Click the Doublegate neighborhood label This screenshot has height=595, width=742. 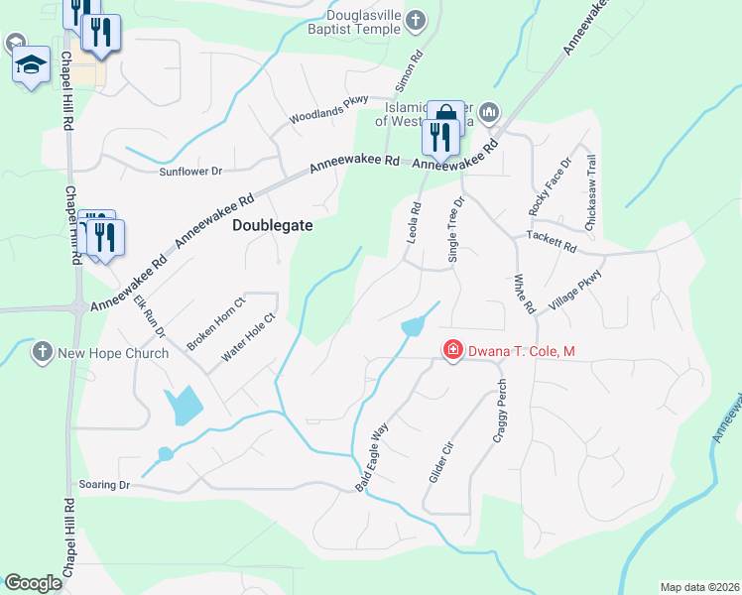coord(272,225)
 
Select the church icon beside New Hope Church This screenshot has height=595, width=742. coord(42,351)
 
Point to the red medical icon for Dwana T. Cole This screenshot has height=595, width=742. coord(452,350)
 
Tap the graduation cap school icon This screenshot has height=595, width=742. coord(31,65)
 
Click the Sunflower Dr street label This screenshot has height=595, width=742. coord(190,172)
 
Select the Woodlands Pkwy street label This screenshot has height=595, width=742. coord(328,110)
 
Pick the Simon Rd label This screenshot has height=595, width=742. coord(418,65)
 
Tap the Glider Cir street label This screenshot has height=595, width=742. coord(440,462)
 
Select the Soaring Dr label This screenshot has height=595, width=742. coord(104,484)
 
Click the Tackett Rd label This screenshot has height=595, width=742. coord(551,245)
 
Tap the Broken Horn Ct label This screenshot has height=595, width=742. coord(215,322)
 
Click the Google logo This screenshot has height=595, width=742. coord(33,583)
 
